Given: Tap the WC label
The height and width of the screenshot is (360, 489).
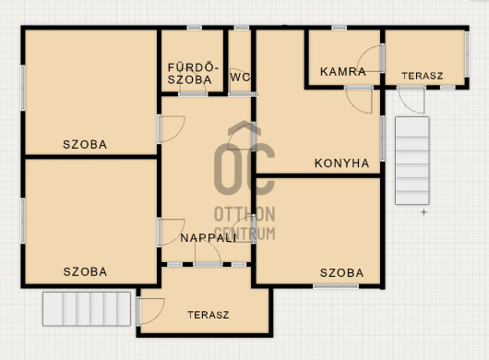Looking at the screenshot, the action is [240, 78].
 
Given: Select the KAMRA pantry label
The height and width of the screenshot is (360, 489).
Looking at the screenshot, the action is [343, 72].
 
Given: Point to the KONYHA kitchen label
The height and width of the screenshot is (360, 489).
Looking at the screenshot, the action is [341, 163].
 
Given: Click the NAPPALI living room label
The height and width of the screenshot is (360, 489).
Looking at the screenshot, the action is [209, 238].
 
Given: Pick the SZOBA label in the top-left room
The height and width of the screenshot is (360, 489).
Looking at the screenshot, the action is [85, 144].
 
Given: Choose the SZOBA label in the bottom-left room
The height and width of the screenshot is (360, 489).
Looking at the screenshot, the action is [86, 271].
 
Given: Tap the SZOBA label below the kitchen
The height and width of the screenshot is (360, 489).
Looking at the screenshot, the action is [342, 273].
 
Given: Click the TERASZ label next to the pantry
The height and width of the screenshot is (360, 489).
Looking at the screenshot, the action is [423, 76].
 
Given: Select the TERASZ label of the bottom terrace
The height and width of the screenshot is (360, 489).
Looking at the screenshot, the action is [209, 315].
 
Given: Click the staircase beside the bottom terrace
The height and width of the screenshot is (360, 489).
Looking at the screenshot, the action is [87, 309].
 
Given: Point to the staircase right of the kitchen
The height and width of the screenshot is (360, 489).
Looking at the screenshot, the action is [412, 161].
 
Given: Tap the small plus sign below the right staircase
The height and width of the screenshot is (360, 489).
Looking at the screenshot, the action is [423, 212].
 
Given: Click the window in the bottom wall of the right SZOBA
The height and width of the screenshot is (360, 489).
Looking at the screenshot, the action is [336, 286].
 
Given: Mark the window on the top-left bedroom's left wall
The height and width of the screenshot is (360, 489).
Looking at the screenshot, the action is [23, 88].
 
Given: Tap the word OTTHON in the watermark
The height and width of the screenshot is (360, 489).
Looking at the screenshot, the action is [244, 214].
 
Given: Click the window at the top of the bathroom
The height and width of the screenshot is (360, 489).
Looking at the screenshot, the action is [195, 28].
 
